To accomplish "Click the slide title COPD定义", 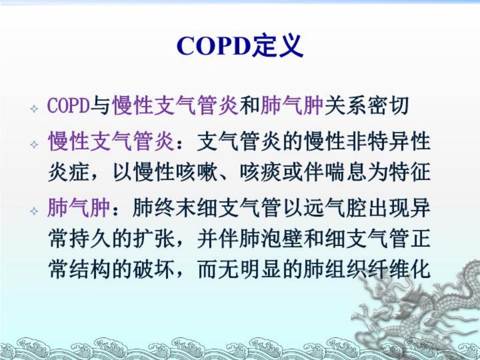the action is (239, 46).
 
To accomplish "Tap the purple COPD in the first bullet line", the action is (69, 105).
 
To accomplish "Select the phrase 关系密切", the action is (366, 105).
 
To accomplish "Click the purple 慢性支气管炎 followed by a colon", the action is (111, 141).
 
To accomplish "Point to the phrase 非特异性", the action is (388, 141).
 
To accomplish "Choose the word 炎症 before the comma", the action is (69, 171).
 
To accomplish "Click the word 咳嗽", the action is (196, 171).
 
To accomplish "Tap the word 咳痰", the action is (260, 171).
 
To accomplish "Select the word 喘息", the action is (346, 171).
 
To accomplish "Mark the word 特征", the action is (410, 171).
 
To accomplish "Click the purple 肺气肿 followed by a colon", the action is (79, 208).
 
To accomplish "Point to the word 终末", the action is (175, 208).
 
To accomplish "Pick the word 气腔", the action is (346, 208).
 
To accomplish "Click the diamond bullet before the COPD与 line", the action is (34, 108).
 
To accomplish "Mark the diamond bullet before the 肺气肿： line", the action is (34, 210).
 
